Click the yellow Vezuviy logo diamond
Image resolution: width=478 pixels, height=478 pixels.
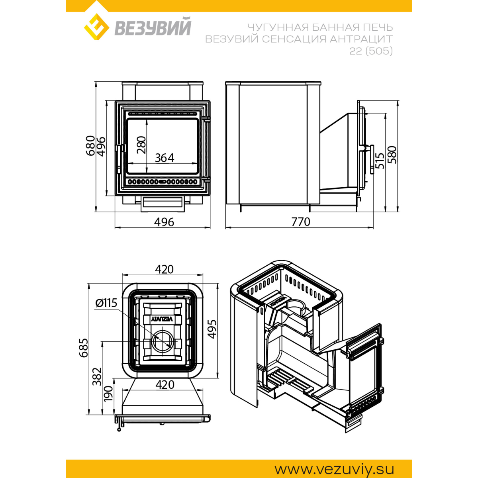(x=96, y=27)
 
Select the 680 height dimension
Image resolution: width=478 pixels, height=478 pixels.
(x=90, y=146)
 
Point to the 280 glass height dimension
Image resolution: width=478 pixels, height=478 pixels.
(x=141, y=145)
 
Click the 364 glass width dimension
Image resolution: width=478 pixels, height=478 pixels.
(x=165, y=158)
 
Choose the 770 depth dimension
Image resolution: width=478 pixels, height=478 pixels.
(x=301, y=222)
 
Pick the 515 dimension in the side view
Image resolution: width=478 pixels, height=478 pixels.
(x=380, y=161)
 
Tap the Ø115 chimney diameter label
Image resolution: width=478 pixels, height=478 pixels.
(x=106, y=303)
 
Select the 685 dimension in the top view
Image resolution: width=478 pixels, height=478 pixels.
(x=84, y=347)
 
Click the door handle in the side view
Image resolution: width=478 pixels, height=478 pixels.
(x=372, y=159)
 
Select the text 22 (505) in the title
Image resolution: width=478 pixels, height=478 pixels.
(x=371, y=51)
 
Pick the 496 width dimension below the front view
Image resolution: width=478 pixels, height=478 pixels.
(x=164, y=222)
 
